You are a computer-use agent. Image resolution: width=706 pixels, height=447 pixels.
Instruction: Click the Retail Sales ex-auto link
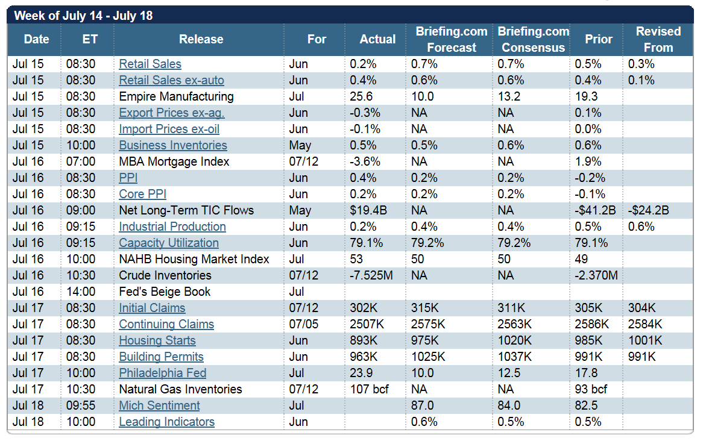coord(171,80)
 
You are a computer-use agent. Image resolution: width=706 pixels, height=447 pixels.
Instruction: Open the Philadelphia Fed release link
coord(162,373)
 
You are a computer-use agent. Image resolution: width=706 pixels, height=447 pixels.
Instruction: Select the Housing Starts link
coord(157,340)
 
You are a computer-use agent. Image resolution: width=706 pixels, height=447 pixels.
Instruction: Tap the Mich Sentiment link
coord(159,405)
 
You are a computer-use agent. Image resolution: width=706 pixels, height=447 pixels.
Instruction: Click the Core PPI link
coord(142,194)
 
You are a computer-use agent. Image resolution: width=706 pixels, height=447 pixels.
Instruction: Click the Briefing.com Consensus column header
coord(533,39)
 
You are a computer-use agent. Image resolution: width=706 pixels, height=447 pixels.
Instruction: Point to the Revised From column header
coord(658,39)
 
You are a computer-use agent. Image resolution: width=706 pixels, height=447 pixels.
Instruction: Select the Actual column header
coord(377,39)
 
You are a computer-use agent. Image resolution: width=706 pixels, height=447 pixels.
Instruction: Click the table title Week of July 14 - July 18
coord(83,16)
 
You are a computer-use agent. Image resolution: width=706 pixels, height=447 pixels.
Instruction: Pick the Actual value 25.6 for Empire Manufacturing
coord(361,96)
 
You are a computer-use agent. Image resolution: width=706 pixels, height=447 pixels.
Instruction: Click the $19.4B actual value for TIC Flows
coord(368,210)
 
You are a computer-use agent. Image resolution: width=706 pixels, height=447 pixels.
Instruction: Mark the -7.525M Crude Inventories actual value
coord(372,275)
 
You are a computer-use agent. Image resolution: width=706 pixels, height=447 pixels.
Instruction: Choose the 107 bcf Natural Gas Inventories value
coord(370,389)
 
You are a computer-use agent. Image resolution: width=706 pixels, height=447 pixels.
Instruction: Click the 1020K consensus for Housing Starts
coord(514,340)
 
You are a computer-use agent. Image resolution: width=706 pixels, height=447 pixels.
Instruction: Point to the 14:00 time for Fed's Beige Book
coord(81,292)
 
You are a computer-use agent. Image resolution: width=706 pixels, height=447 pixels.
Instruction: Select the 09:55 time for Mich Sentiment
coord(81,405)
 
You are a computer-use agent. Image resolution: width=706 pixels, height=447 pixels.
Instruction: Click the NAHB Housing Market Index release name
coord(194,259)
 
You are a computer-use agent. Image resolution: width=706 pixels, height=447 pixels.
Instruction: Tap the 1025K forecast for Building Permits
coord(428,357)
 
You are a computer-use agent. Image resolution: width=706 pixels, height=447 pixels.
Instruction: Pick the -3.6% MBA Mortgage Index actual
coord(365,161)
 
